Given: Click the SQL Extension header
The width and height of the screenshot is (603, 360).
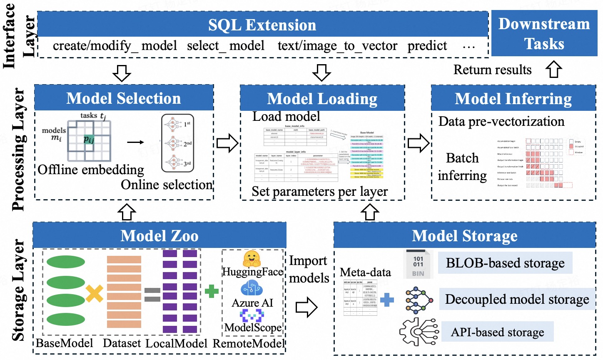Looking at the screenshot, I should click(x=262, y=25).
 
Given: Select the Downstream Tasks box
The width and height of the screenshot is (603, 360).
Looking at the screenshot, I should click(x=544, y=34).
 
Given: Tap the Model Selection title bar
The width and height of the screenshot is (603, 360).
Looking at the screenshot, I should click(x=124, y=98).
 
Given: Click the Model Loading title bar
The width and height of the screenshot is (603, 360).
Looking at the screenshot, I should click(x=322, y=99).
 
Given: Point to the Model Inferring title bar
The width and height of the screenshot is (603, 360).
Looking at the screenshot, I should click(x=513, y=99).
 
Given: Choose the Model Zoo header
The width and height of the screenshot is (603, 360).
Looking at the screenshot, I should click(x=159, y=236).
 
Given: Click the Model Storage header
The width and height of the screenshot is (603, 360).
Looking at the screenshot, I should click(x=464, y=236).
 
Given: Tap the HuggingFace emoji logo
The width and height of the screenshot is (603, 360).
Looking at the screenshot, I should click(x=252, y=259).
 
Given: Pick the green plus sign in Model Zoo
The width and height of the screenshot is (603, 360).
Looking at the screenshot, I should click(x=212, y=291).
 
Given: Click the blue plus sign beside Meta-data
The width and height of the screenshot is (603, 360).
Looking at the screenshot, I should click(x=387, y=300).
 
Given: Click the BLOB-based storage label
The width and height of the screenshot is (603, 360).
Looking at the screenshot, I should click(x=505, y=263).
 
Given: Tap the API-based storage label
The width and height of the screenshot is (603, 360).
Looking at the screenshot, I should click(x=497, y=332).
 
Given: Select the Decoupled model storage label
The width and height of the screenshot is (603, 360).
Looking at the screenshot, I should click(x=517, y=299).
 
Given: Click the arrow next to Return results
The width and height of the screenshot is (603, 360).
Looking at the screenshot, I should click(x=554, y=69).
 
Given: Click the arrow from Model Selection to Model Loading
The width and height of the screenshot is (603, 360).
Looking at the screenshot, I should click(x=227, y=143).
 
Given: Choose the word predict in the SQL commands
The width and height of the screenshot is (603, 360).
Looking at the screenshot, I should click(x=427, y=46).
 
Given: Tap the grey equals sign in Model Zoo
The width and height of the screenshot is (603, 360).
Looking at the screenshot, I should click(x=152, y=294).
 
